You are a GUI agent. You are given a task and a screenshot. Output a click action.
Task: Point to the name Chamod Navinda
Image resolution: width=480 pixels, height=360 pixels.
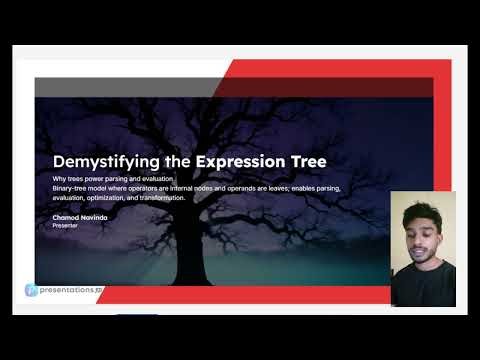coord(81,217)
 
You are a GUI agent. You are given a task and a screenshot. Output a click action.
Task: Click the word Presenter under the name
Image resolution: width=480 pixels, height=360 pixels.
coord(66,226)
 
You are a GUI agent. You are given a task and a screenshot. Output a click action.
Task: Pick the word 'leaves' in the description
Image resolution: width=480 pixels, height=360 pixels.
coord(265,188)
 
